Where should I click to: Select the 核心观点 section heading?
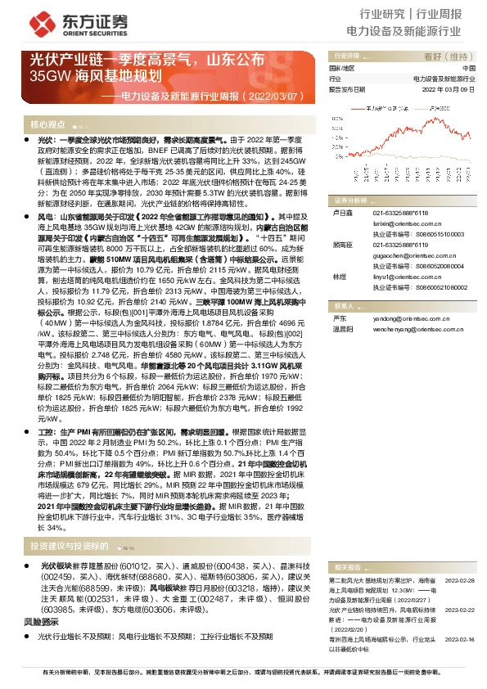(x=47, y=124)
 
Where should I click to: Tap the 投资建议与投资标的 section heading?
(x=69, y=545)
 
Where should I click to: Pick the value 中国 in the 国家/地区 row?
(x=469, y=68)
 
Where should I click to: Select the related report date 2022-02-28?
(x=462, y=579)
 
